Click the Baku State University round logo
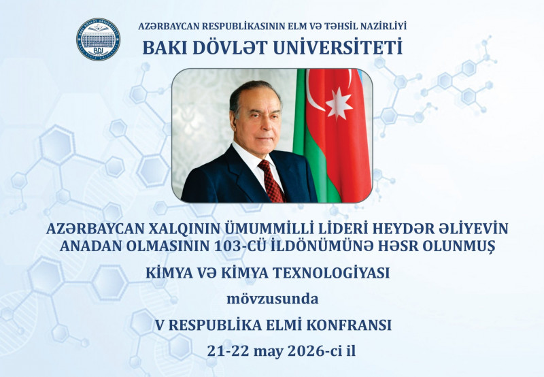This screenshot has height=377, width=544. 98,39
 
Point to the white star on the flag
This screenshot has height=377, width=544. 339,103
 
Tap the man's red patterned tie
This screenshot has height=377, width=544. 271,181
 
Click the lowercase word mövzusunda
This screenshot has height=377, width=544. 272,298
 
